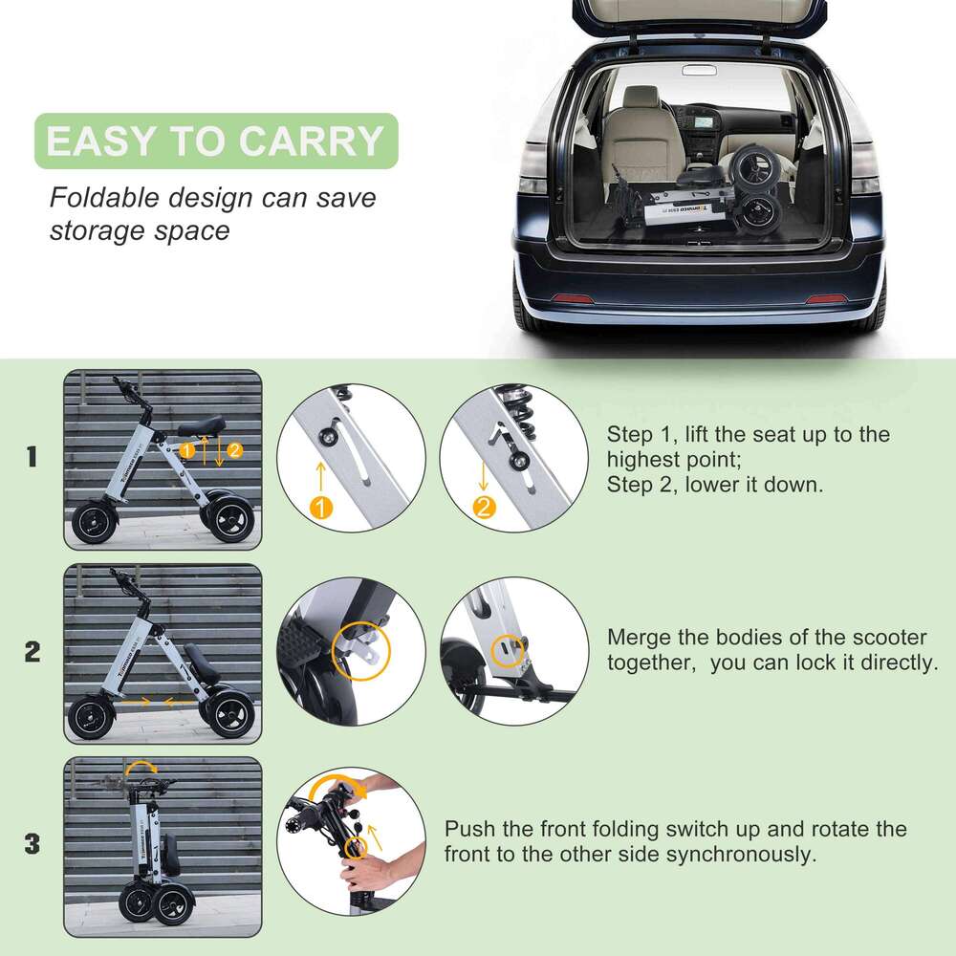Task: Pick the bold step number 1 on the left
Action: tap(33, 457)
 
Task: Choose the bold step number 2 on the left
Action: tap(33, 653)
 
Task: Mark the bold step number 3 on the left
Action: tap(33, 844)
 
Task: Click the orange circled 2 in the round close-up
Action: tap(485, 508)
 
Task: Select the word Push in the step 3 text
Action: tap(470, 828)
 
